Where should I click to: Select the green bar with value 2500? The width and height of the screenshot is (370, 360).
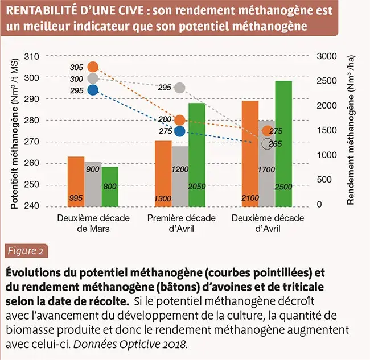point(283,143)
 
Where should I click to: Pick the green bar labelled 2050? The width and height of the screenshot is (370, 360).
point(197,154)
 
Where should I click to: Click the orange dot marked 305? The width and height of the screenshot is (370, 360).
point(93,67)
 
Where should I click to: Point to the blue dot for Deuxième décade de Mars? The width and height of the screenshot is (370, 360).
point(93,90)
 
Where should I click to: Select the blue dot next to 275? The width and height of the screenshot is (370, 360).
point(180,131)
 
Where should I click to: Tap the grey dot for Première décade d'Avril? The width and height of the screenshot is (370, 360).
point(180,88)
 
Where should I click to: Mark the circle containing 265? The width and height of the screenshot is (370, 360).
point(268,143)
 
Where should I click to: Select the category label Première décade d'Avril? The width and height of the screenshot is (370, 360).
point(181,224)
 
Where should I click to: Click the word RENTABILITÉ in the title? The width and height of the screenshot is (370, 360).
point(43,12)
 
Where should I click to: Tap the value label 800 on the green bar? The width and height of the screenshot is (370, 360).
point(110,186)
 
